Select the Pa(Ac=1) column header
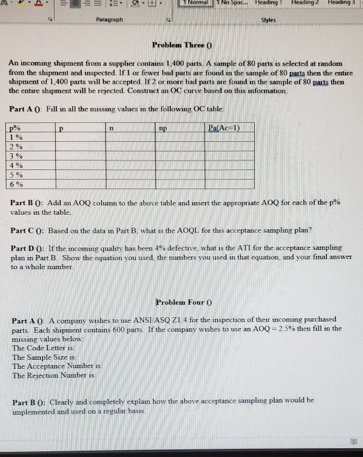[x=224, y=128]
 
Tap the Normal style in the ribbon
[x=194, y=3]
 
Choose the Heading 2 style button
[x=305, y=3]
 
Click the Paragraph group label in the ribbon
[x=110, y=20]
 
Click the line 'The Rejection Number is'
[x=49, y=375]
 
